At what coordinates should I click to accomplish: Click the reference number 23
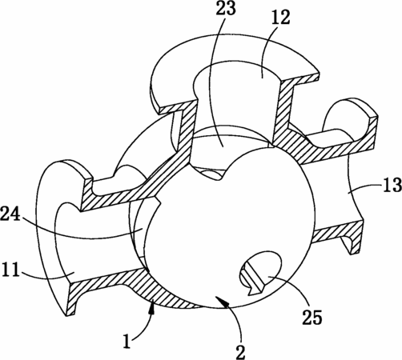[x=226, y=9]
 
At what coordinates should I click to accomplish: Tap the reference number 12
[x=280, y=18]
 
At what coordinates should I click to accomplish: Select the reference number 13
[x=392, y=184]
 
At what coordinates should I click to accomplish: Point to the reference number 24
[x=10, y=214]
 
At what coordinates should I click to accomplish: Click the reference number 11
[x=11, y=270]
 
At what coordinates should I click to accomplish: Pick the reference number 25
[x=312, y=317]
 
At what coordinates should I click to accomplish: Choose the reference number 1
[x=127, y=342]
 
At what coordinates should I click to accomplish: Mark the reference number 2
[x=240, y=351]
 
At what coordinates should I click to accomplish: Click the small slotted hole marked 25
[x=260, y=273]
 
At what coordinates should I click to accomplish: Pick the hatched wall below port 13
[x=337, y=234]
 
